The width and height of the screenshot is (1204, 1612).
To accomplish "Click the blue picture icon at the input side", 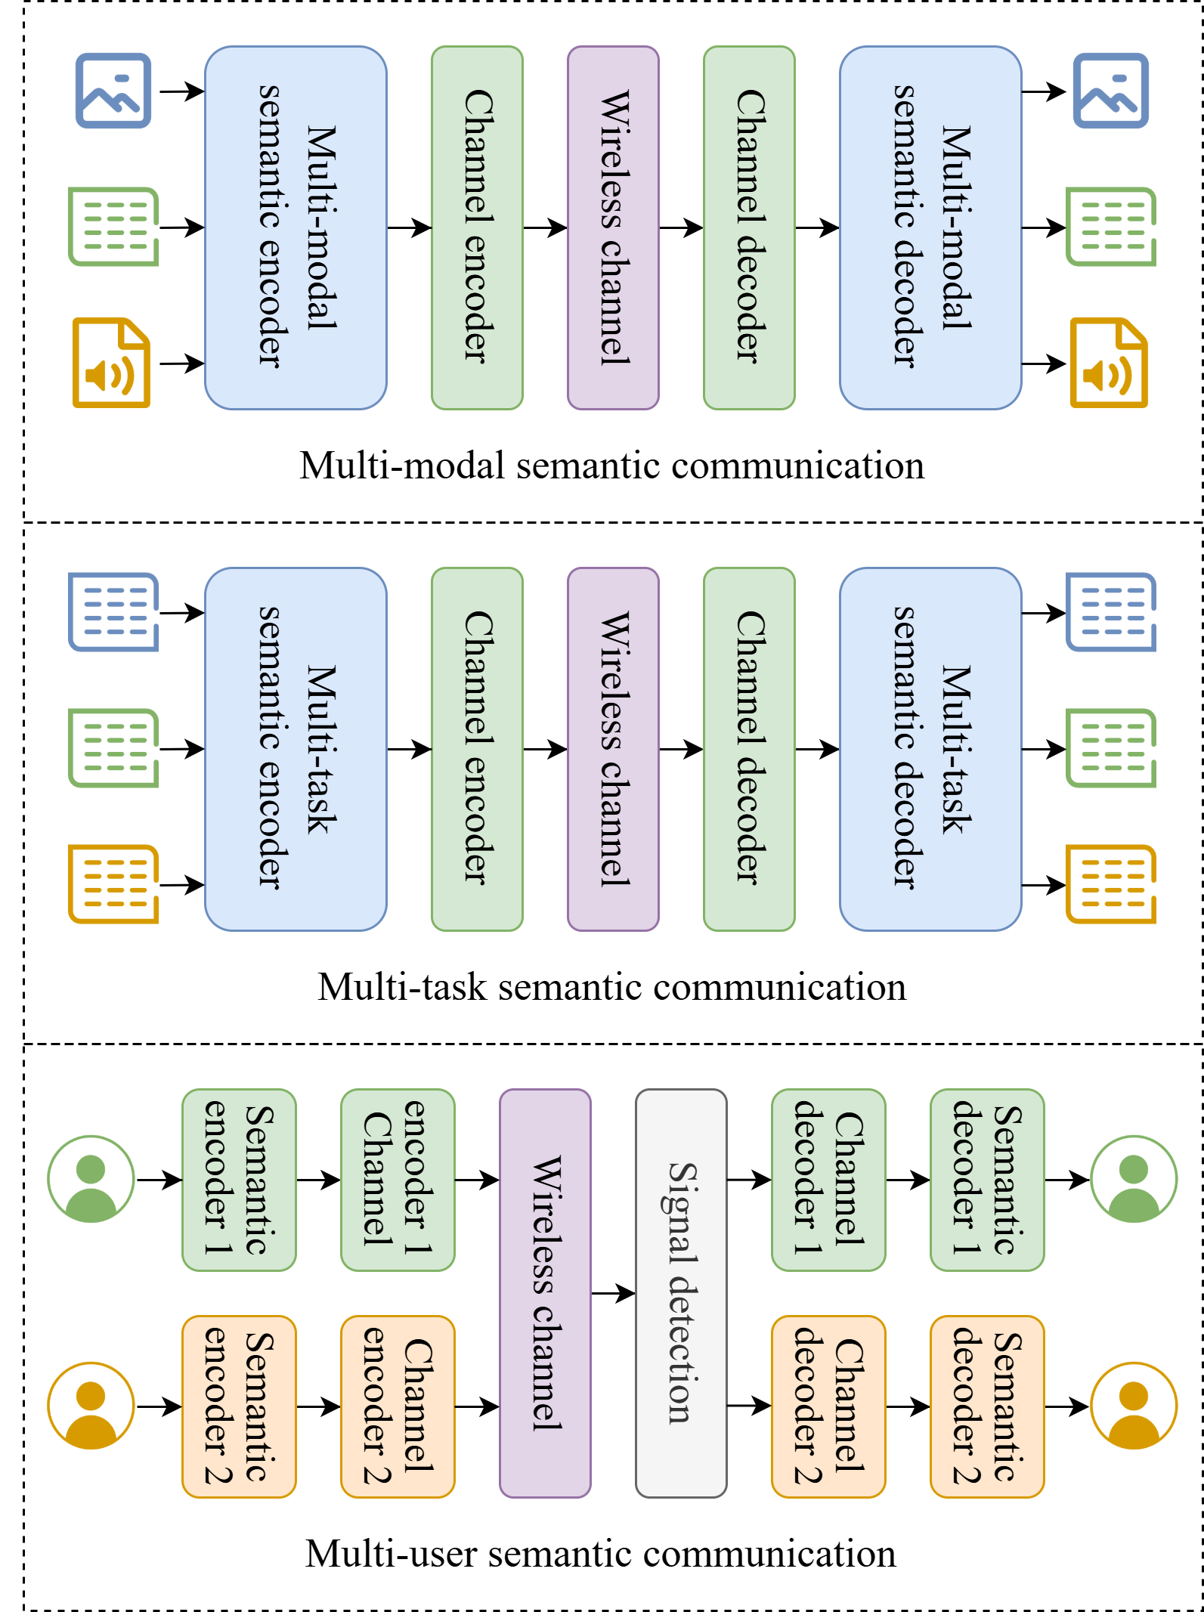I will [113, 91].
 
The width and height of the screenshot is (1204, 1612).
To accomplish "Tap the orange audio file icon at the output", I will [1109, 363].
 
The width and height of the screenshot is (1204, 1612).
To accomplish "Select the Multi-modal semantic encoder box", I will [296, 227].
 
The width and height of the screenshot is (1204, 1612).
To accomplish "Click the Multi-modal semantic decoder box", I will [930, 227].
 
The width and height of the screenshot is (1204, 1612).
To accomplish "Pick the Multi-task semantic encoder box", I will [296, 749].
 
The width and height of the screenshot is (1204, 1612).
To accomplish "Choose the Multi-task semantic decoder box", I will [930, 749].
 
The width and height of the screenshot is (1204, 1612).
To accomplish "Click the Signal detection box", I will [681, 1292].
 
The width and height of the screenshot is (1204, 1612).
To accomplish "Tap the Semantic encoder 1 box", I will [239, 1180].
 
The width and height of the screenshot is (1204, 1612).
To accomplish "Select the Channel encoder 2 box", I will [398, 1406].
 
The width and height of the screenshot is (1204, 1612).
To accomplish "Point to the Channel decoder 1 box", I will [828, 1180].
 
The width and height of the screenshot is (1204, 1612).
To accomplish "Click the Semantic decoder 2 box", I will [987, 1406].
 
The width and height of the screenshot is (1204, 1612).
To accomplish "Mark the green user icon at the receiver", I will [1134, 1179].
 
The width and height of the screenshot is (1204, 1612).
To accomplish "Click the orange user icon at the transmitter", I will [91, 1406].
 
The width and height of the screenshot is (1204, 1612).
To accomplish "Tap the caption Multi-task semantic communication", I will [612, 987].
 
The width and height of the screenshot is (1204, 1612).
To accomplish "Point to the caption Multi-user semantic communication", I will [601, 1554].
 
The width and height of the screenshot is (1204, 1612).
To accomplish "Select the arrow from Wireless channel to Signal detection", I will [613, 1293].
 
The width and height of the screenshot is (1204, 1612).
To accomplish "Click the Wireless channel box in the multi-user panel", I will [545, 1292].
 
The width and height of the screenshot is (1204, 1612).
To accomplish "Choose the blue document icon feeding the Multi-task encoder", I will [113, 612].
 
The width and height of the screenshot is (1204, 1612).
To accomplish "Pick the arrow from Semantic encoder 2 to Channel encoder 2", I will [318, 1406].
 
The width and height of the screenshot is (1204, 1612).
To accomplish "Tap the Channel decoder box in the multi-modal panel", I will [749, 227].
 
